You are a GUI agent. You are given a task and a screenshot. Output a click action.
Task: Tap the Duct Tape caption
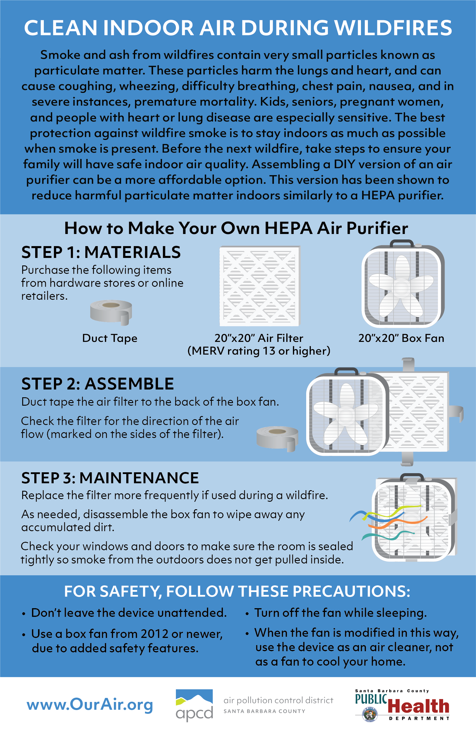[x=110, y=338]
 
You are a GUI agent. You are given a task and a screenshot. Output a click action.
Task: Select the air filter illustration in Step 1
[x=260, y=286]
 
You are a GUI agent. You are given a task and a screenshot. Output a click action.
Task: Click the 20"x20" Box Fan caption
[x=401, y=338]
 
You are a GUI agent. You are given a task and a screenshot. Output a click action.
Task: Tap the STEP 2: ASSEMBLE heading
[x=97, y=384]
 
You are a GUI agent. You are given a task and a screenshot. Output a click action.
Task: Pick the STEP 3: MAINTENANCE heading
[x=110, y=478]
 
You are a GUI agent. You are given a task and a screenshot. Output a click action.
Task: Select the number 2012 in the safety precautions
[x=154, y=634]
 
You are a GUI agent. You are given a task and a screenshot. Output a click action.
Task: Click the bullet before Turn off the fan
[x=247, y=614]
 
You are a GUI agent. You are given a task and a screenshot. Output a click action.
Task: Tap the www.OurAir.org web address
[x=90, y=705]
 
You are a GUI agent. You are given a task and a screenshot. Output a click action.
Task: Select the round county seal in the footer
[x=370, y=714]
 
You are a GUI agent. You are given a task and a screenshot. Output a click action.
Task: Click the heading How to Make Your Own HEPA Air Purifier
[x=236, y=228]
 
